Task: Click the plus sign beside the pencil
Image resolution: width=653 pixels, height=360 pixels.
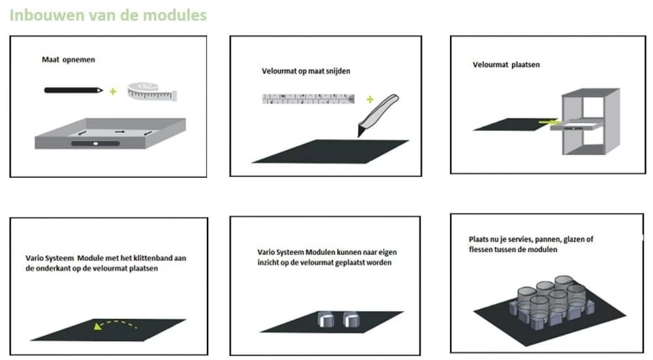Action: [x=113, y=91]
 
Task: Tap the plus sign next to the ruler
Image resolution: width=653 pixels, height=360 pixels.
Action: [x=370, y=99]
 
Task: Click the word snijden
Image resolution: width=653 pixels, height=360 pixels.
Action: [x=344, y=71]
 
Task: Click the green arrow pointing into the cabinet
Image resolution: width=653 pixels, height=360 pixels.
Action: [x=547, y=122]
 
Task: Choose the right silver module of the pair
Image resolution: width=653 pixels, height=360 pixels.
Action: [x=352, y=320]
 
